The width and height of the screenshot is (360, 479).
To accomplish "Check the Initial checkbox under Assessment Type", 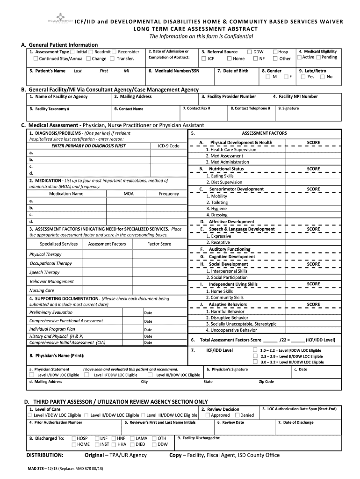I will point(73,52).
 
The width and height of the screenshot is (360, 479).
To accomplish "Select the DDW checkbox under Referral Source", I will point(250,51).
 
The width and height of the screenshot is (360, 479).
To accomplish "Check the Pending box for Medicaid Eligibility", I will point(318,57).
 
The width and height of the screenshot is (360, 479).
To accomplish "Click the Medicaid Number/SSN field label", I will point(173,71).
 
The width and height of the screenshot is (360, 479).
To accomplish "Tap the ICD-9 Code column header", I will point(168,146).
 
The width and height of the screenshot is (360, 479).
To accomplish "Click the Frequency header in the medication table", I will point(169,194).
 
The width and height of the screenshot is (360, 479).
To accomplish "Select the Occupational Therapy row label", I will point(50,263).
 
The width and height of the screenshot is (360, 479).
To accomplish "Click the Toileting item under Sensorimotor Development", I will point(217,203).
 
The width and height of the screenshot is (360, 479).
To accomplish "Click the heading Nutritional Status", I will point(226,169).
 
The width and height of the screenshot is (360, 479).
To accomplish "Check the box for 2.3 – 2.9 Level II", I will point(255,356).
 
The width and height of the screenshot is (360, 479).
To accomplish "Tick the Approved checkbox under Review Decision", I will point(208,415).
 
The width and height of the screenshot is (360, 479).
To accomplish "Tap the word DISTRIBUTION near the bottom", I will point(45,455).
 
